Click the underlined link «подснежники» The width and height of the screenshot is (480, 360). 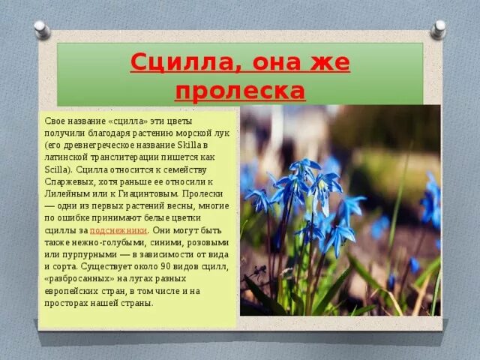(118, 230)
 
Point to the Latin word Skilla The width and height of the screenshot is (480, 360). (193, 145)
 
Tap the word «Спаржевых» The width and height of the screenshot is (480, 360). (67, 181)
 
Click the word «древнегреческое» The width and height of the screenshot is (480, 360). (98, 145)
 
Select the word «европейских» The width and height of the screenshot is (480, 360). (78, 291)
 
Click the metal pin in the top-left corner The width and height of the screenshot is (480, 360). (42, 29)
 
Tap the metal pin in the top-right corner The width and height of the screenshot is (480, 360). (439, 29)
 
